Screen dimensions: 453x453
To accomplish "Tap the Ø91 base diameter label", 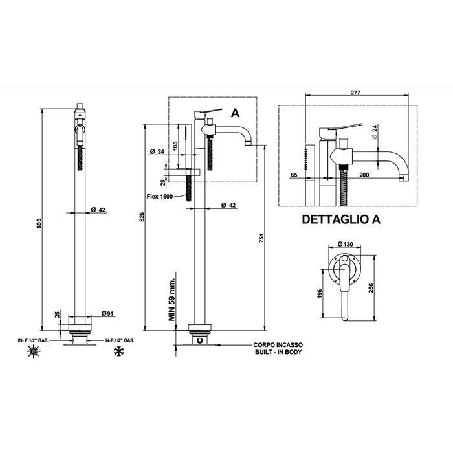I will coord(108,314).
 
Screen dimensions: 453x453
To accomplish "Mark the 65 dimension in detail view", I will coord(294,175).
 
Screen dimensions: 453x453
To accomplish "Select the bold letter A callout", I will coord(235,113).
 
